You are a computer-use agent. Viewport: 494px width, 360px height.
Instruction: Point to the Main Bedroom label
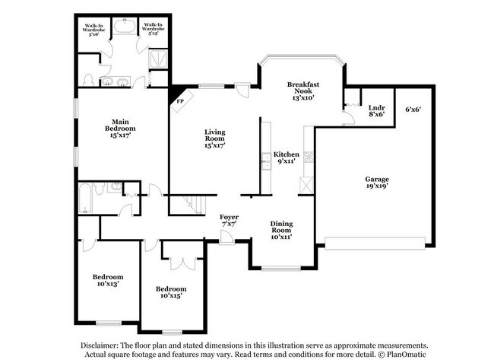(123, 126)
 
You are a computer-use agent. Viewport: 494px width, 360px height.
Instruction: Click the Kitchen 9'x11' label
(286, 158)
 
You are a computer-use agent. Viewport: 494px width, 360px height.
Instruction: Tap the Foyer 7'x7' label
(230, 221)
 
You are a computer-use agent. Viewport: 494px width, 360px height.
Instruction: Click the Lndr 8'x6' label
(376, 112)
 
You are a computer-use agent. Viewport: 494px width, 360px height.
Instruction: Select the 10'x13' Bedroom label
(107, 279)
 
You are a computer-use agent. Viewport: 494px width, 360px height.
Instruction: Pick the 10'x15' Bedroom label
(171, 292)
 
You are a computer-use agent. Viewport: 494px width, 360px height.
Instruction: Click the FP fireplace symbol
(180, 100)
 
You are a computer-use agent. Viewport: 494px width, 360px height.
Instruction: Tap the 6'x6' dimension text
(413, 109)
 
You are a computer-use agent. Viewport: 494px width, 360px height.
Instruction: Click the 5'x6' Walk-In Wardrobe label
(95, 29)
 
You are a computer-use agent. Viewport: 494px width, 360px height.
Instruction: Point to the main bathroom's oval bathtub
(124, 30)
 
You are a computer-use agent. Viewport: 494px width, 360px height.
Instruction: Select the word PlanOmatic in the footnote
(406, 354)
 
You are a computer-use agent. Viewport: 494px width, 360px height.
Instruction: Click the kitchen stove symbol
(309, 157)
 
